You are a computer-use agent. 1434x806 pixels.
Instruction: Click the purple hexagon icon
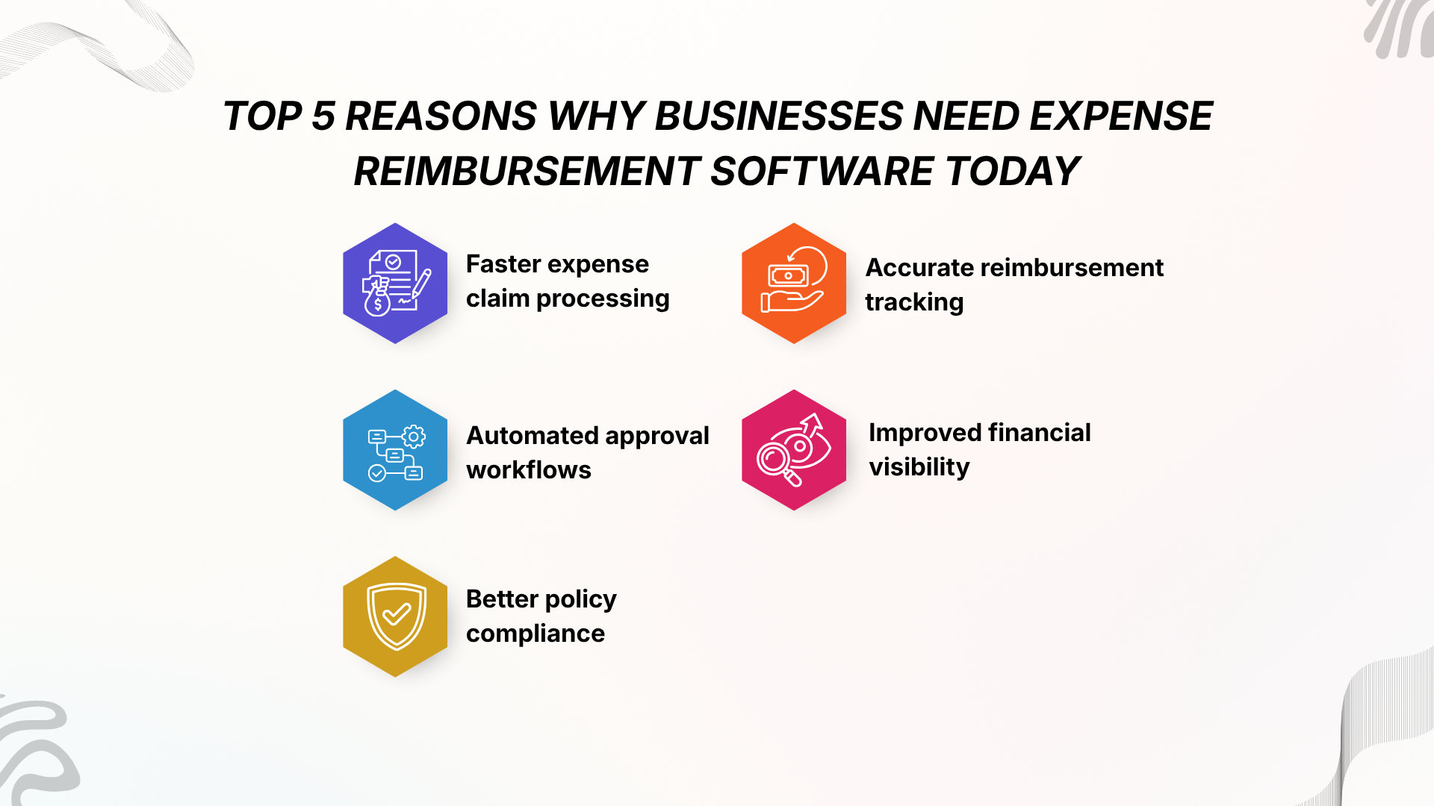(x=395, y=283)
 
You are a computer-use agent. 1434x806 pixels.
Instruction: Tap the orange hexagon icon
(x=794, y=283)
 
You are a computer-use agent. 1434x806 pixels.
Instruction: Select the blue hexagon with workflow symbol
(x=395, y=450)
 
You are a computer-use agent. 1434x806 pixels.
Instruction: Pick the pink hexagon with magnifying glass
(x=794, y=450)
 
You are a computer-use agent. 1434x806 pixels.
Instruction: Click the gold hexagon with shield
(x=395, y=616)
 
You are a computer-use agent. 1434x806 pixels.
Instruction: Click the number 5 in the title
(x=323, y=116)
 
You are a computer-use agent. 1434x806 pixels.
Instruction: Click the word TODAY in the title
(x=1012, y=172)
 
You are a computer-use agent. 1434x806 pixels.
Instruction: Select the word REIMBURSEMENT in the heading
(x=527, y=172)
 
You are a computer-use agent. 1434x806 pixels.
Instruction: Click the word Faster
(x=503, y=264)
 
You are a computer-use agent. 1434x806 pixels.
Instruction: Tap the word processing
(x=603, y=299)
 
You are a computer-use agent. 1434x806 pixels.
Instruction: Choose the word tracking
(x=914, y=303)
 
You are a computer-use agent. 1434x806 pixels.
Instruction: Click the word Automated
(x=530, y=435)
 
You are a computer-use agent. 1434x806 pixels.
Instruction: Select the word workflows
(x=529, y=470)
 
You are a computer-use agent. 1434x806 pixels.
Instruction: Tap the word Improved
(x=925, y=433)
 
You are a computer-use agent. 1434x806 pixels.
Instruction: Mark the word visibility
(x=919, y=467)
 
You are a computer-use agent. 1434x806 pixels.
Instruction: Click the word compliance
(x=536, y=634)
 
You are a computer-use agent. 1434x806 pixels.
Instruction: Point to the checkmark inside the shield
(x=397, y=614)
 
